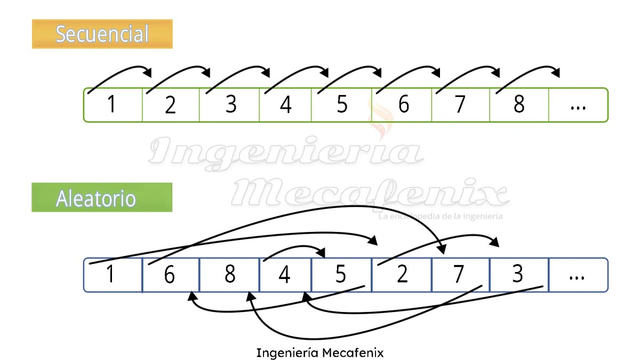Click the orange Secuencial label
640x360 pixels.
(x=102, y=34)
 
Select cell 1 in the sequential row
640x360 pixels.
(x=111, y=105)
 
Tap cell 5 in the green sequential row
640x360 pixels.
(x=342, y=105)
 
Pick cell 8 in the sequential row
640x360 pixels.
(x=519, y=105)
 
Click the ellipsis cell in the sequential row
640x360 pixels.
(x=578, y=105)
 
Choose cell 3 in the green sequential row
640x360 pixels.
(x=230, y=105)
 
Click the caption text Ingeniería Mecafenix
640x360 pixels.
(x=320, y=353)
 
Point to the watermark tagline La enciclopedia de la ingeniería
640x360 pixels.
(x=440, y=217)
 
